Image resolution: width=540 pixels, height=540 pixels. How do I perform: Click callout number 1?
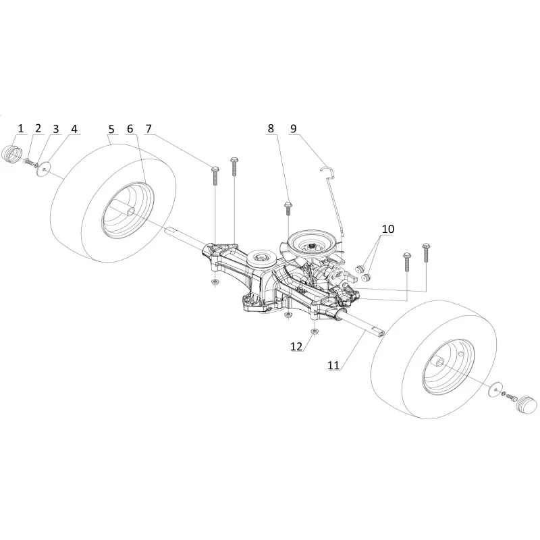(x=20, y=128)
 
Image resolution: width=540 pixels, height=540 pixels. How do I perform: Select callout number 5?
(x=111, y=129)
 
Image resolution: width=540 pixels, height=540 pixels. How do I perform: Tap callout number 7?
(x=148, y=128)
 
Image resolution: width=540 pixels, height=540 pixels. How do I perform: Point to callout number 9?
(x=293, y=128)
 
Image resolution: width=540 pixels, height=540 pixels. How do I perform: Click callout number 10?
(x=387, y=229)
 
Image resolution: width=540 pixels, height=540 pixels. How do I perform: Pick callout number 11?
(x=333, y=365)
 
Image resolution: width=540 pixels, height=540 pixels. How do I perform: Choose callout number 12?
(x=296, y=346)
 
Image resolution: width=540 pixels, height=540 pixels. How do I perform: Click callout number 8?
(x=271, y=128)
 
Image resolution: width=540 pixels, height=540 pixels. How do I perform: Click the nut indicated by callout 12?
(x=314, y=331)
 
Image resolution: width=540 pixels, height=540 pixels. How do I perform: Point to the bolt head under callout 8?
(x=288, y=205)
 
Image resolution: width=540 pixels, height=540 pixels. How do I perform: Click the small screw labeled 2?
(x=28, y=161)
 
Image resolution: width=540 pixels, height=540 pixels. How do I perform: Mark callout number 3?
(x=56, y=130)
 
